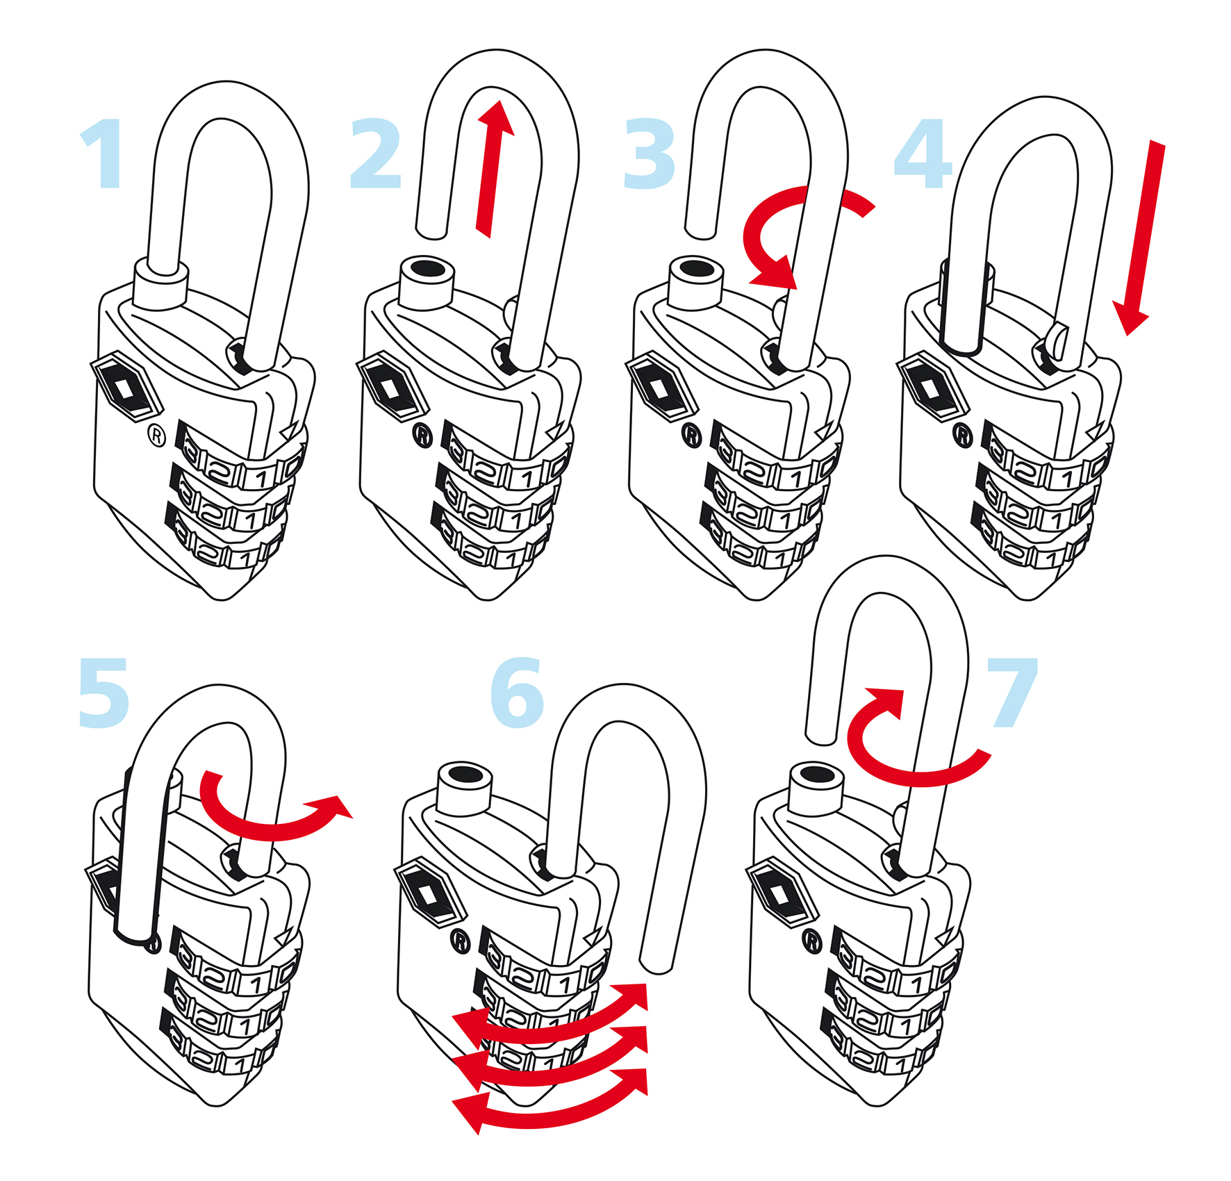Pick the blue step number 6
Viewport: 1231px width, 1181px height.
pos(517,693)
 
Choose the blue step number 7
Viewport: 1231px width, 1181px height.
pos(1013,693)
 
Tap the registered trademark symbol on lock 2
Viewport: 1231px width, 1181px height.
pos(423,436)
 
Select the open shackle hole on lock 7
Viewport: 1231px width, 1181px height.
pos(816,773)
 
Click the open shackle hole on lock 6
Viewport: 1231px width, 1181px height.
pos(464,774)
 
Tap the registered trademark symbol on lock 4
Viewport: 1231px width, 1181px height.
pos(963,436)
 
